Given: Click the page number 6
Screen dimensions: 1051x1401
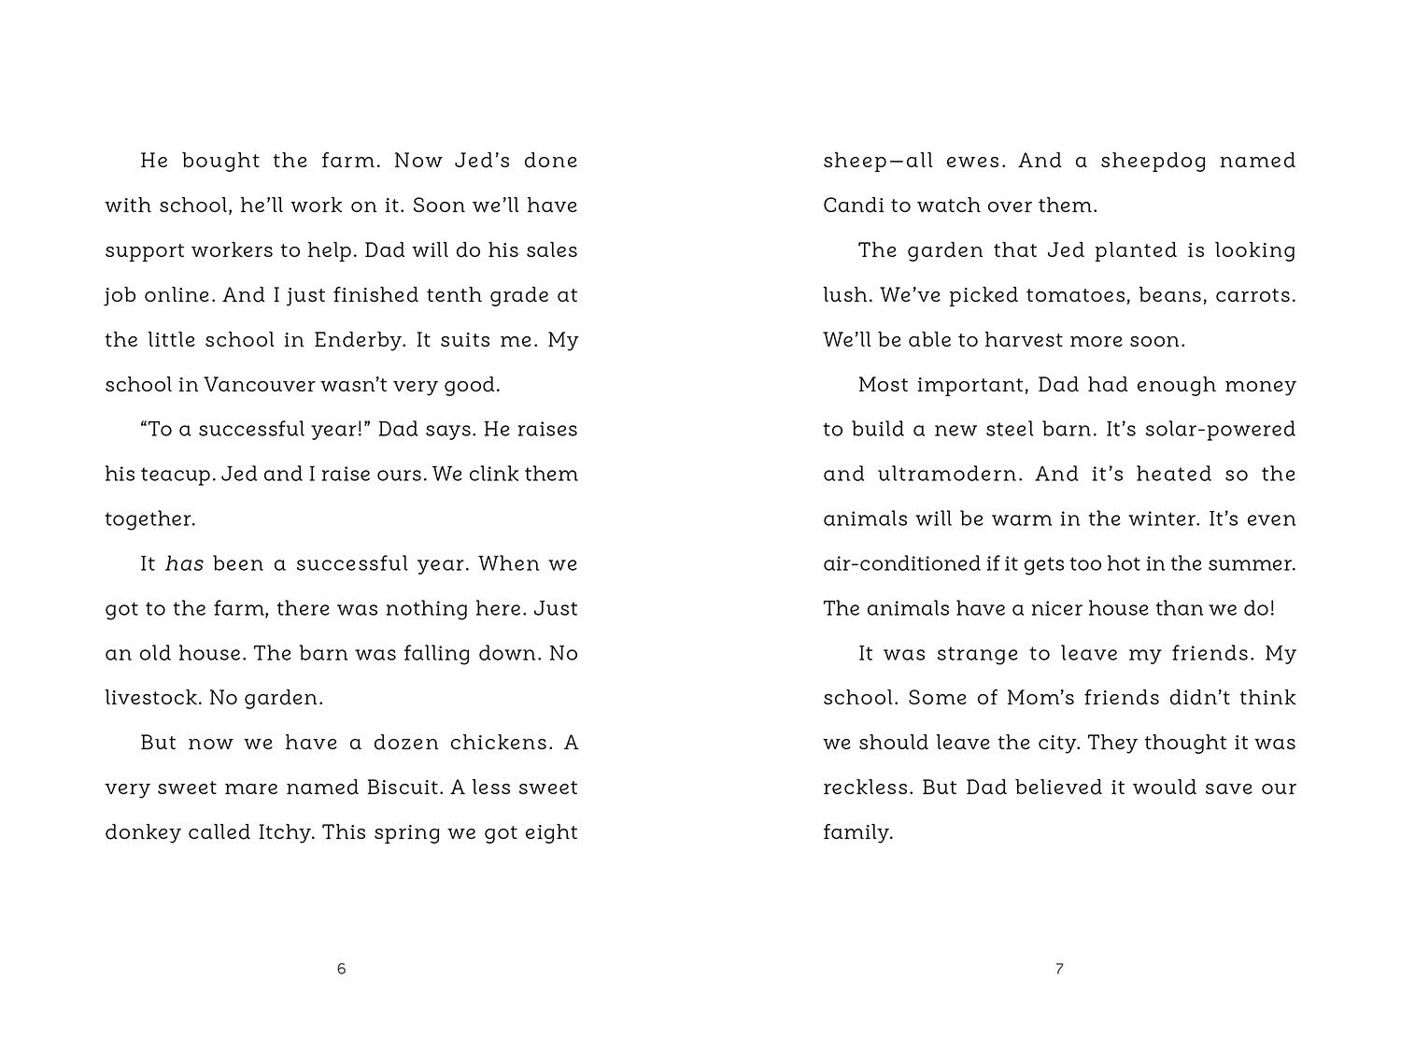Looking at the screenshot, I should pyautogui.click(x=341, y=969).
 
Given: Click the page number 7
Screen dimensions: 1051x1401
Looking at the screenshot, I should pyautogui.click(x=1059, y=969).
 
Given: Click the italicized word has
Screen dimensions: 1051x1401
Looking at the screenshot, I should pyautogui.click(x=184, y=564).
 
